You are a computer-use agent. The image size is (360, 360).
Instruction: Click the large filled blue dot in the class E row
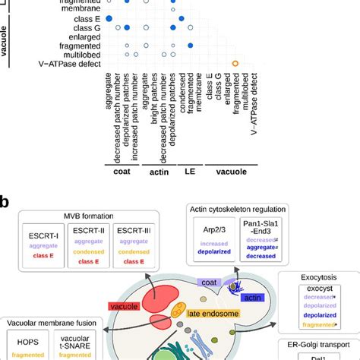click(109, 17)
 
